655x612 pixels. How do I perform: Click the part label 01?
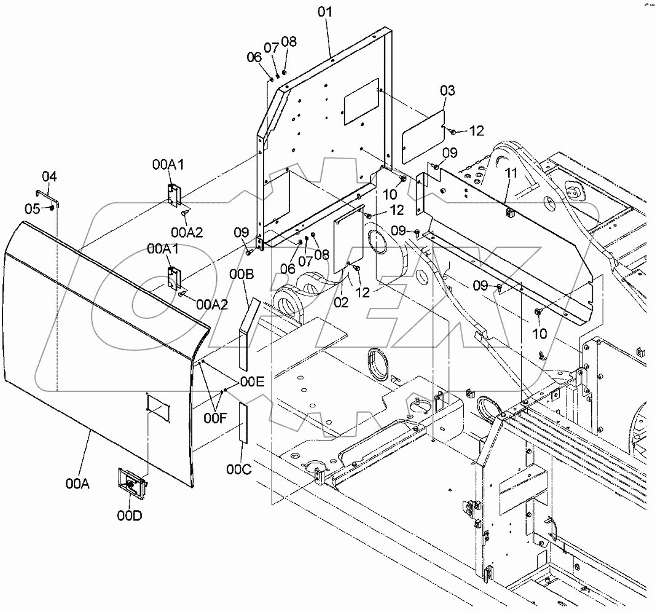(325, 12)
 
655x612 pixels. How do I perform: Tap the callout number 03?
(448, 91)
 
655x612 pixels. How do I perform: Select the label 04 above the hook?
(49, 177)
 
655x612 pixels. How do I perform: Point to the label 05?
(32, 208)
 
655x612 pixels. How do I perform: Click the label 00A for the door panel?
(78, 484)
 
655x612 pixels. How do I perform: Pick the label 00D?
(130, 515)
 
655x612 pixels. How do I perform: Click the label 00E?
(251, 382)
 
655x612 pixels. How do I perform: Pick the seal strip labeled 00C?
(243, 423)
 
